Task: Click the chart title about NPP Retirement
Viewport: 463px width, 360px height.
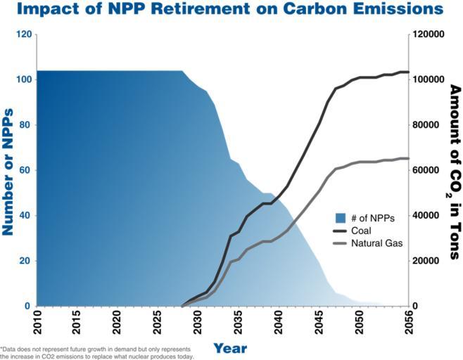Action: (231, 9)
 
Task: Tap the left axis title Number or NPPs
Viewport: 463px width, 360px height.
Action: (9, 170)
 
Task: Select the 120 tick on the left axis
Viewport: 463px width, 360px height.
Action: (23, 34)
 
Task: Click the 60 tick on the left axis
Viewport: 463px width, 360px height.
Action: (25, 170)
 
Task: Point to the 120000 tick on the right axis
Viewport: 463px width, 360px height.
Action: (431, 34)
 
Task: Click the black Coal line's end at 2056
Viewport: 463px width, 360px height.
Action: (408, 72)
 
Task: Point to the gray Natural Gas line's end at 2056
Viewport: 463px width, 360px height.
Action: (408, 158)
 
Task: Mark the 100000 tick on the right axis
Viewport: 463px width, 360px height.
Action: (431, 79)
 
